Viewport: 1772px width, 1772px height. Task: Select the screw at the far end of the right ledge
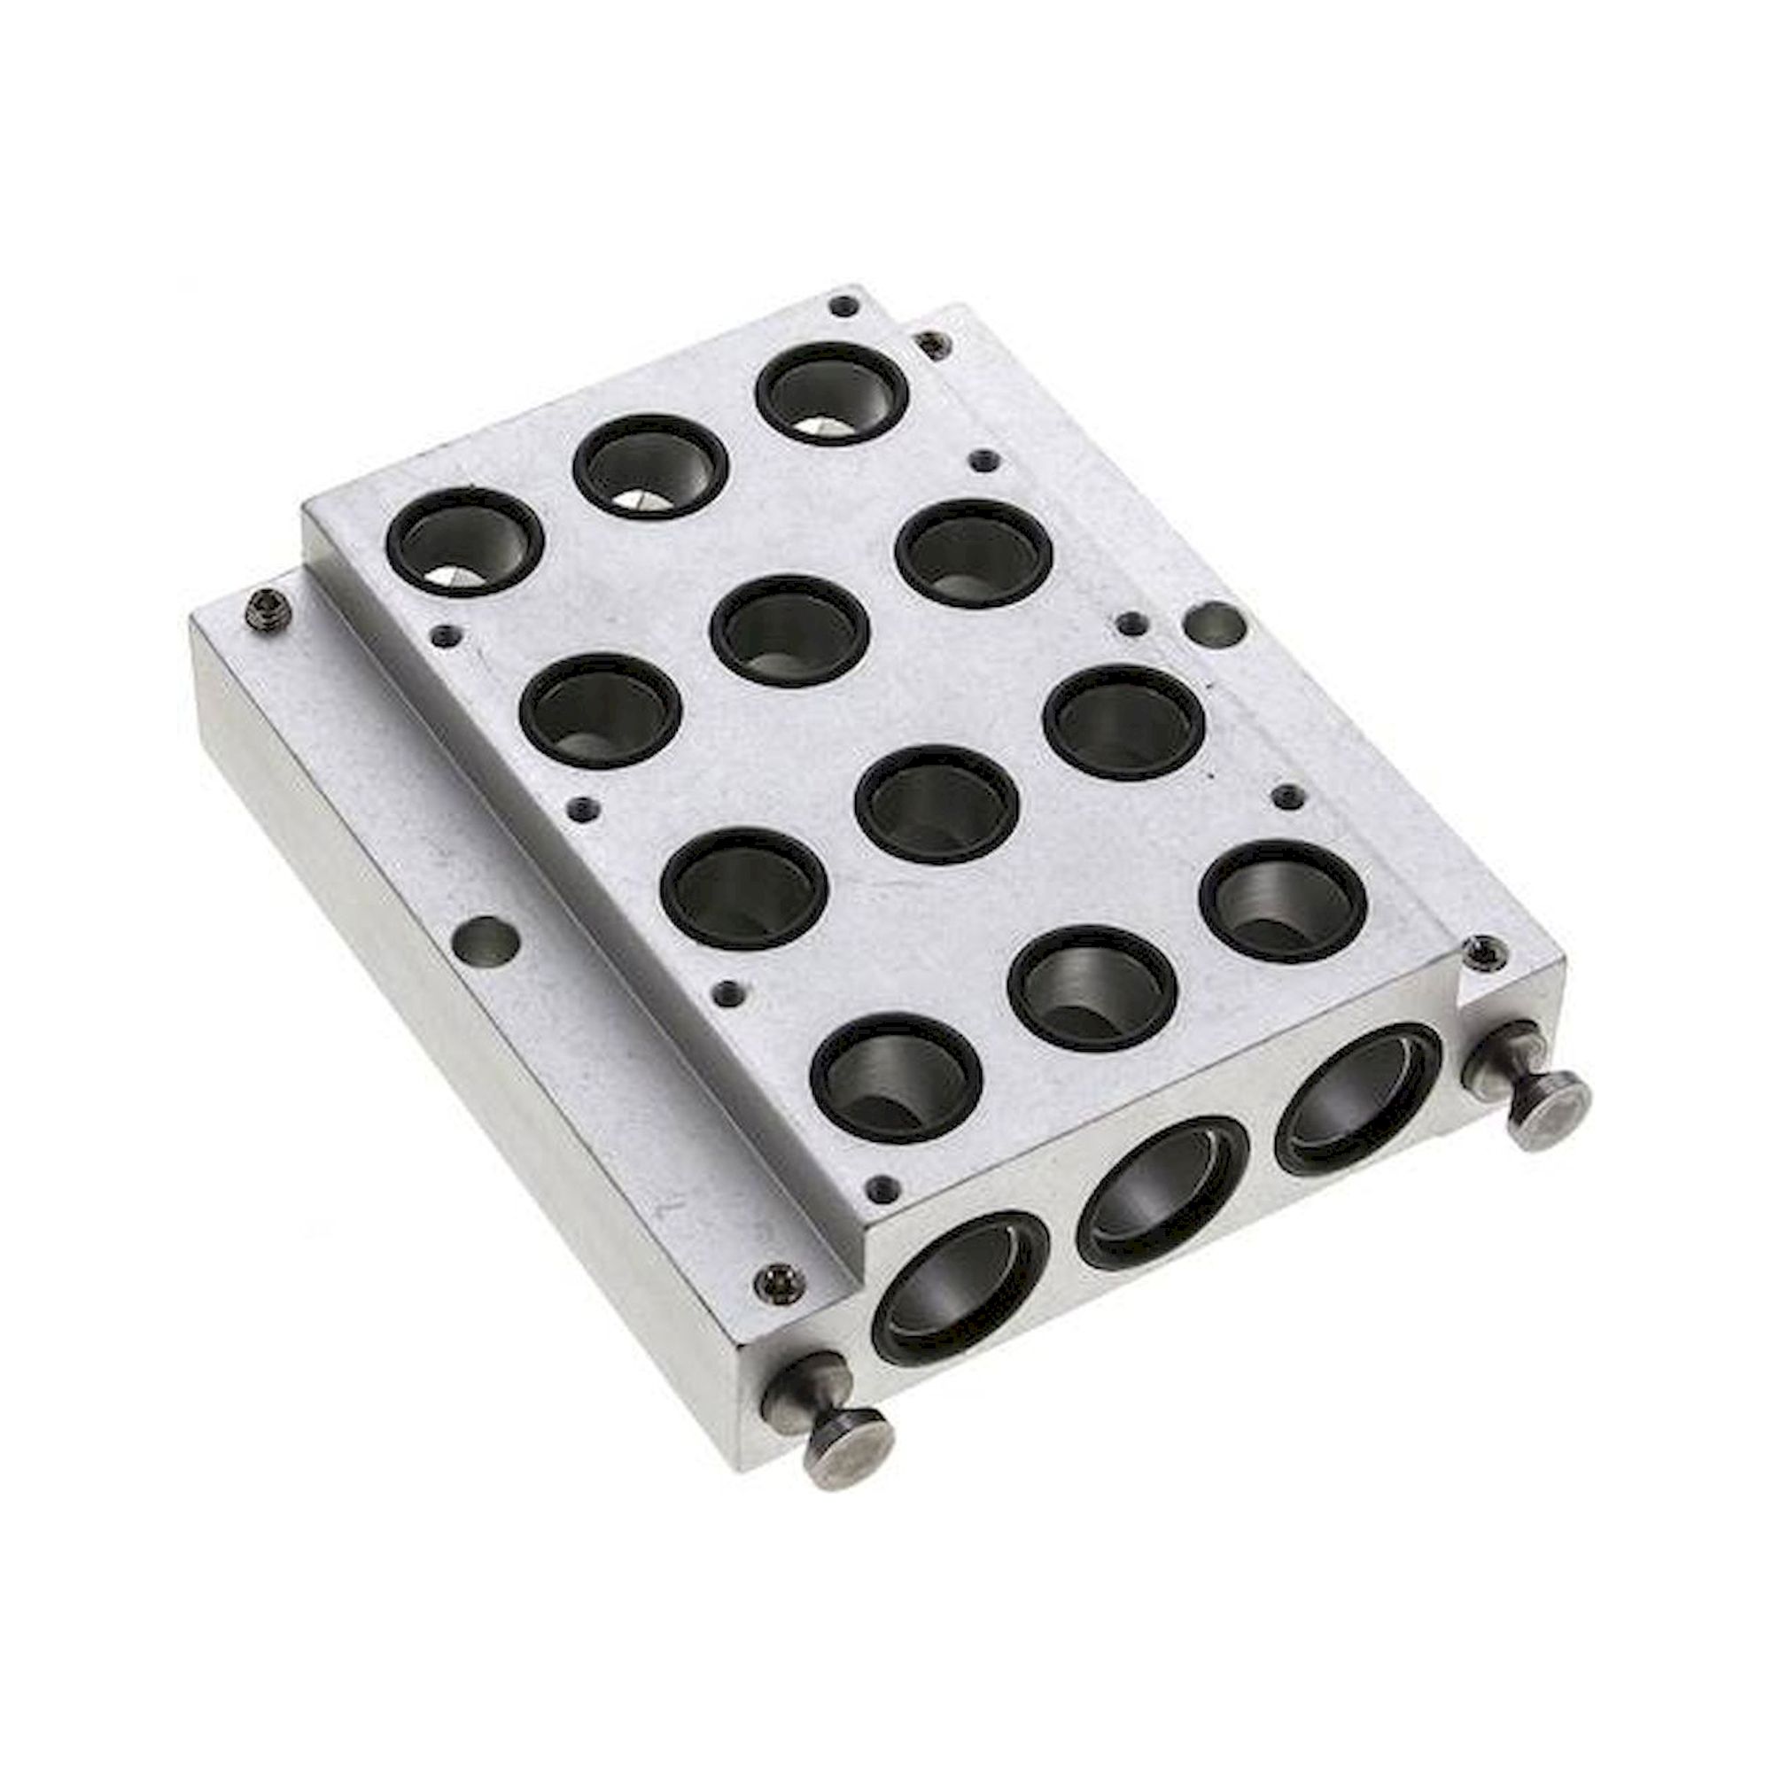931,346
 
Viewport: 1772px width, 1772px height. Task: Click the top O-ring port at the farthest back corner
831,392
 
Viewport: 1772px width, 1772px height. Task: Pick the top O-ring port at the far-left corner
465,541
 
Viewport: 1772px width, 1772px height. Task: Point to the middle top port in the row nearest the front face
1092,986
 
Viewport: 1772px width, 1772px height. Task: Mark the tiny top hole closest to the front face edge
883,1190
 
